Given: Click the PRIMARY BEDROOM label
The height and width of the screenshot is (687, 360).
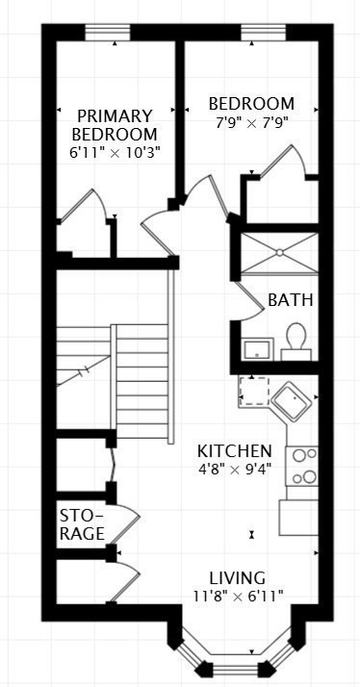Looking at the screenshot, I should click(116, 125).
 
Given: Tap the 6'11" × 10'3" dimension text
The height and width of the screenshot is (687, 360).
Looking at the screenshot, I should click(116, 152).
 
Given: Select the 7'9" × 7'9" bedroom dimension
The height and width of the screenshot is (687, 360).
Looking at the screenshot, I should click(250, 121).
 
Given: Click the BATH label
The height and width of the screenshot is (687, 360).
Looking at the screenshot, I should click(290, 300).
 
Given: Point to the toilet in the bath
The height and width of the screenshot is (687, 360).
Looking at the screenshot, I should click(296, 340).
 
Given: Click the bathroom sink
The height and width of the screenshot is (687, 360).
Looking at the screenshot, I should click(256, 347).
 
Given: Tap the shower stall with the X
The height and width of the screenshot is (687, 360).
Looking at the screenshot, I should click(278, 253).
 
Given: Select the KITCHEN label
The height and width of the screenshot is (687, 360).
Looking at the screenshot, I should click(234, 451).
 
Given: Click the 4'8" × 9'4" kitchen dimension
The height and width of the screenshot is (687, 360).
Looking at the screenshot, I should click(234, 471).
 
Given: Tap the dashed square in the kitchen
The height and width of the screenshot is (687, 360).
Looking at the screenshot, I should click(254, 391).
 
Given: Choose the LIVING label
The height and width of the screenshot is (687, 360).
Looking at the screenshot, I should click(238, 578).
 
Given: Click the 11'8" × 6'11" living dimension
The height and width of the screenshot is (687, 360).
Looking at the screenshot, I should click(238, 598).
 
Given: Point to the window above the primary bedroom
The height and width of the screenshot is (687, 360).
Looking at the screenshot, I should click(108, 34).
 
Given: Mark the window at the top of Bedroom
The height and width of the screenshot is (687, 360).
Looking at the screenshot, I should click(261, 34).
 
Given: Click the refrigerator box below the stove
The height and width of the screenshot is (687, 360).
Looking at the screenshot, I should click(298, 517).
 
